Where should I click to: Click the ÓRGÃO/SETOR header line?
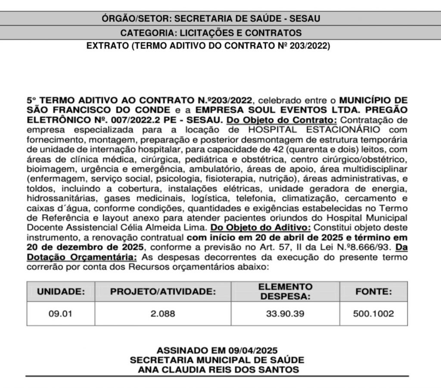(211, 19)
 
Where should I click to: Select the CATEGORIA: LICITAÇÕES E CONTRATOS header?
(211, 33)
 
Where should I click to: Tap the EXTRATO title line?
(208, 45)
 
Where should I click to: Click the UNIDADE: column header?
(60, 291)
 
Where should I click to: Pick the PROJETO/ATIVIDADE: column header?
(163, 291)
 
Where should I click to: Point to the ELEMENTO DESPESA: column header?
(285, 291)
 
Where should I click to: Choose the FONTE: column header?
(373, 291)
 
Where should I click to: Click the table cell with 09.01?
(60, 314)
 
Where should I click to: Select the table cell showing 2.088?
(163, 314)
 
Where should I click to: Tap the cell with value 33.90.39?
(285, 314)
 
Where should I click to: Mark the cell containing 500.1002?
(373, 314)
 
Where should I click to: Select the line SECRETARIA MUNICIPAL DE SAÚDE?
(217, 360)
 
